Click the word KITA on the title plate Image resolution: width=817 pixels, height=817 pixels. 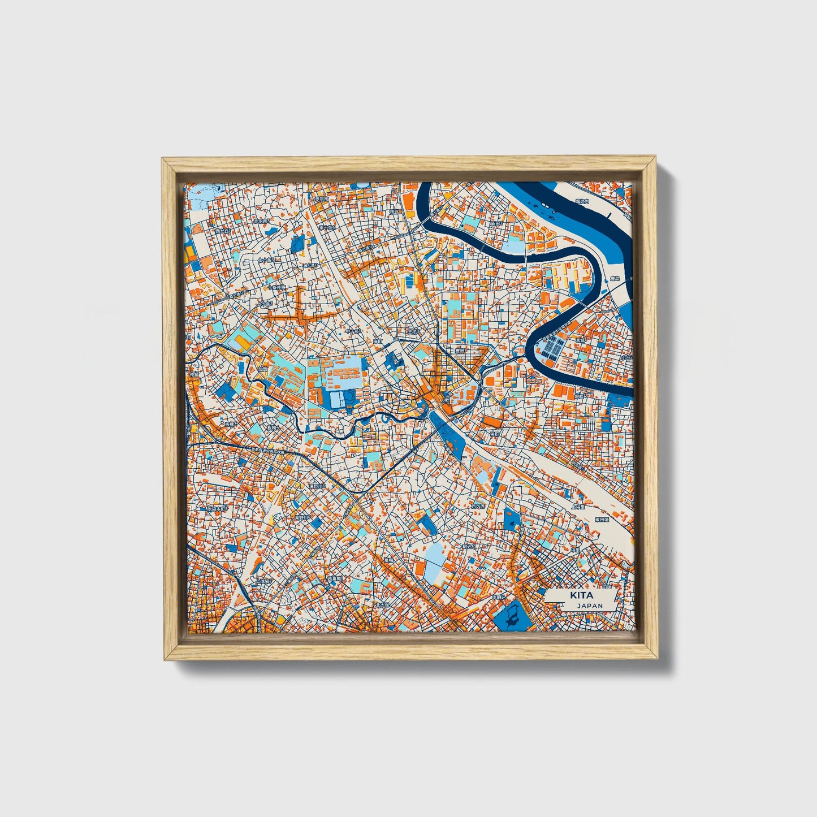(578, 595)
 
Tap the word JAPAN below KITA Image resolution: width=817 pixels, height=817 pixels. (590, 606)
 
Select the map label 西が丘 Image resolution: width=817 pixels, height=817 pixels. (222, 231)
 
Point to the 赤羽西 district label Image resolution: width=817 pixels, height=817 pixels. (261, 222)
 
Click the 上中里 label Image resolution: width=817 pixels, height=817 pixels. (578, 507)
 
